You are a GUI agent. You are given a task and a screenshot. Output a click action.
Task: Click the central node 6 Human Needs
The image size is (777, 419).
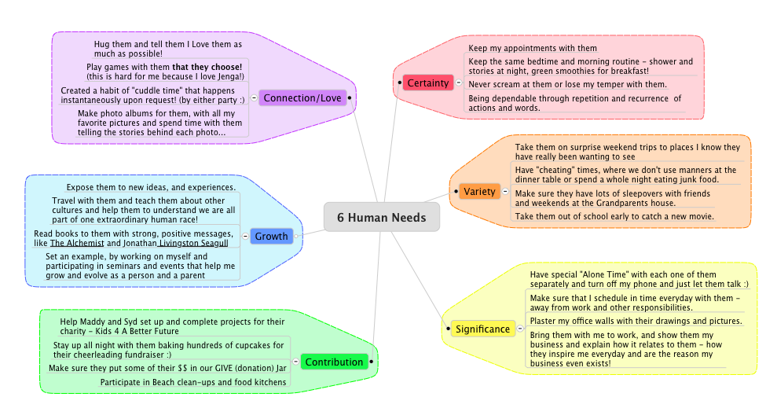coord(382,217)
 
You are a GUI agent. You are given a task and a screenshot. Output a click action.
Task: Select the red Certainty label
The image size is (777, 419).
coord(429,83)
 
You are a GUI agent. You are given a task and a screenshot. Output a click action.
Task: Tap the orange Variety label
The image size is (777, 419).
coord(479,192)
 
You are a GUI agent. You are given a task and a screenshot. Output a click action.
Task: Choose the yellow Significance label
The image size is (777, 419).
coord(482,329)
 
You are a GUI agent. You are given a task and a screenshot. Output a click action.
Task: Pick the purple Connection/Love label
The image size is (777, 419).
coord(302,97)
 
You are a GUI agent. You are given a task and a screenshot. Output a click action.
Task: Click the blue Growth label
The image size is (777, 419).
coord(271,236)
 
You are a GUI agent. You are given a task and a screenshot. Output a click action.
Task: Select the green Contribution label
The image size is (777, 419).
coord(334,362)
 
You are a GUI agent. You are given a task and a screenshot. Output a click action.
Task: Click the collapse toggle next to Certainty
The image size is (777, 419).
coord(459,83)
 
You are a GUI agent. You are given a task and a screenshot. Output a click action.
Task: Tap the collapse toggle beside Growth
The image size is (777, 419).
coord(245,236)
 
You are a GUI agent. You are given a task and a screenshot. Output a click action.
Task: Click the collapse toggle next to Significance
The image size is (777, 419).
coord(519,329)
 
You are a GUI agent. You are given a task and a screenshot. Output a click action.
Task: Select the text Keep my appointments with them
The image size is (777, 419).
coord(533,49)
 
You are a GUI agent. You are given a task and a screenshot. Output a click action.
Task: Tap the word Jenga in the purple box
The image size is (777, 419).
coord(229,76)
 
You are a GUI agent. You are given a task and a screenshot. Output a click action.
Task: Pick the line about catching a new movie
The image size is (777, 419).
coord(614,216)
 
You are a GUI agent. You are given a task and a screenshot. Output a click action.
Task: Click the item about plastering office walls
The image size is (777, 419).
coord(636,321)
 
